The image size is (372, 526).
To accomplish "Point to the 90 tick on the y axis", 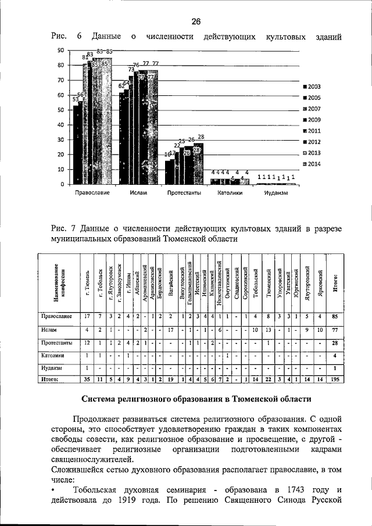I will pyautogui.click(x=60, y=51).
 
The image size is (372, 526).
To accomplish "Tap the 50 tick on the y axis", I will pyautogui.click(x=60, y=110).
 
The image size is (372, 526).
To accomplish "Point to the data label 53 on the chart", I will pyautogui.click(x=75, y=99).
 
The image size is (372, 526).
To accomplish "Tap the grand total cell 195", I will pyautogui.click(x=335, y=380).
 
